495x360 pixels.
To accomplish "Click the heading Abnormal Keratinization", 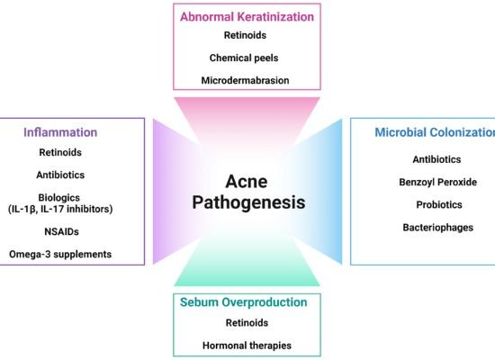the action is pos(247,17).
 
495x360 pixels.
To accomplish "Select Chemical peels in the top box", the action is pos(244,58).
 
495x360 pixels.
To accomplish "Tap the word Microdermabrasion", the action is pos(245,80).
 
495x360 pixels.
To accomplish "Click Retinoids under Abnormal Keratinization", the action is pos(245,35).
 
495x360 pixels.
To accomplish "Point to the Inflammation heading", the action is pos(60,132).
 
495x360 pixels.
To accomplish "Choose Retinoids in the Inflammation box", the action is pos(60,152).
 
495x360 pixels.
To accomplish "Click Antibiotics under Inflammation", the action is pos(60,175).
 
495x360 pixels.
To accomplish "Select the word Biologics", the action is pos(59,198).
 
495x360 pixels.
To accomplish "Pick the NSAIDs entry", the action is pos(61,232).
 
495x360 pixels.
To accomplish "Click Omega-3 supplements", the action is pos(60,255).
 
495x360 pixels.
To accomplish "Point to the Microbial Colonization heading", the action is pos(435,132).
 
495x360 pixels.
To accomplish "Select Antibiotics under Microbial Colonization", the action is pos(436,159).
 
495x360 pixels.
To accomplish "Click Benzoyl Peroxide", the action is pos(438,182).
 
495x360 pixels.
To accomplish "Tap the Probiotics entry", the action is pos(439,205).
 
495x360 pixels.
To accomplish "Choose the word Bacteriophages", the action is pos(438,228).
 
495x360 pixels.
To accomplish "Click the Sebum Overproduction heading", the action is pos(243,302).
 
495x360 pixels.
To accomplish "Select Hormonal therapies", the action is pos(247,346).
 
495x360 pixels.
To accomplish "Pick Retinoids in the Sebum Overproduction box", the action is pos(247,323).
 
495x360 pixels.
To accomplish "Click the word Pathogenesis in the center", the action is pos(248,202).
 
